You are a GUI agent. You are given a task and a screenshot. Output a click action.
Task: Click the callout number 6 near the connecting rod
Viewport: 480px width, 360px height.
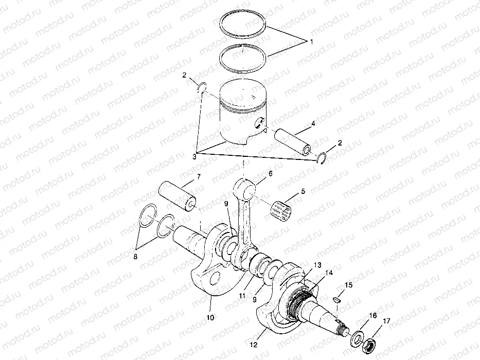click(270, 175)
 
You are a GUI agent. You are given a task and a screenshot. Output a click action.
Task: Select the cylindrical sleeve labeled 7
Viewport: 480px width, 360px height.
click(177, 195)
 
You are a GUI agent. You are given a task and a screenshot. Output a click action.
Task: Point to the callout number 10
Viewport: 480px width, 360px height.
click(210, 317)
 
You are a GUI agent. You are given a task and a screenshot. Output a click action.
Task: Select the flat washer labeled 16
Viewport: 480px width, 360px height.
click(357, 339)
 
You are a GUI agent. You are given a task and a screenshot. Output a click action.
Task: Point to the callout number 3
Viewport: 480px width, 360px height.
click(194, 155)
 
